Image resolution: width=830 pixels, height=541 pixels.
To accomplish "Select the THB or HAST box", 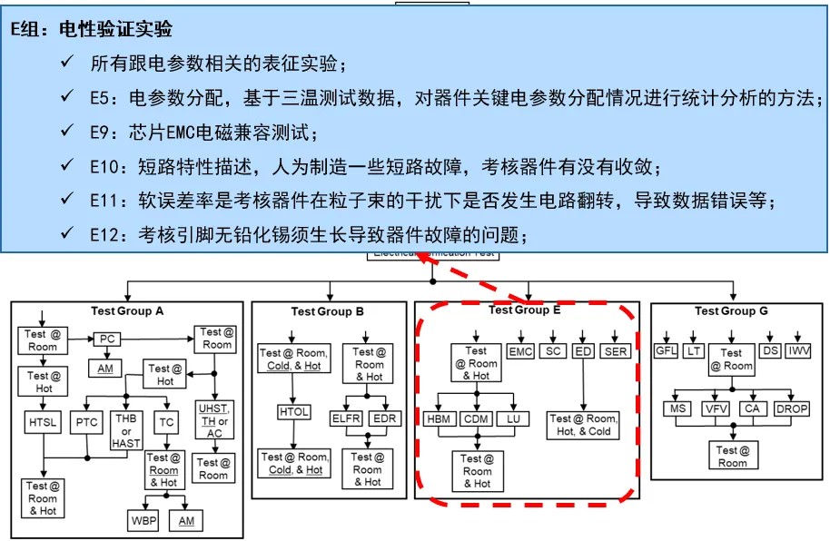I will click(x=125, y=429).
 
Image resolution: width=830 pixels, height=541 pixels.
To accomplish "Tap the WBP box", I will click(x=142, y=520).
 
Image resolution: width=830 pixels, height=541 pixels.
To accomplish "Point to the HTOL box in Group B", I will click(x=294, y=413).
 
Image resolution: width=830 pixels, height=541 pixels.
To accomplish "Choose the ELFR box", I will click(x=348, y=418).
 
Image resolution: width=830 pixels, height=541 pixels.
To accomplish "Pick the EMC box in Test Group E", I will click(x=520, y=351).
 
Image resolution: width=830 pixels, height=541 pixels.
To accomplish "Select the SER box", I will click(x=615, y=351).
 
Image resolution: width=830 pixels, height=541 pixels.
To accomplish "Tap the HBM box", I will click(x=441, y=419).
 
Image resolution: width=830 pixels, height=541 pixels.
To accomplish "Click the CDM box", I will click(x=478, y=419).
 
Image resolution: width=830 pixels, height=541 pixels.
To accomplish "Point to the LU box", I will click(x=513, y=419).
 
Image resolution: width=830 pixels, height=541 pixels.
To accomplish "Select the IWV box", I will click(x=800, y=351).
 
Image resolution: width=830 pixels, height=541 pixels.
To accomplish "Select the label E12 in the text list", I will click(x=108, y=234).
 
